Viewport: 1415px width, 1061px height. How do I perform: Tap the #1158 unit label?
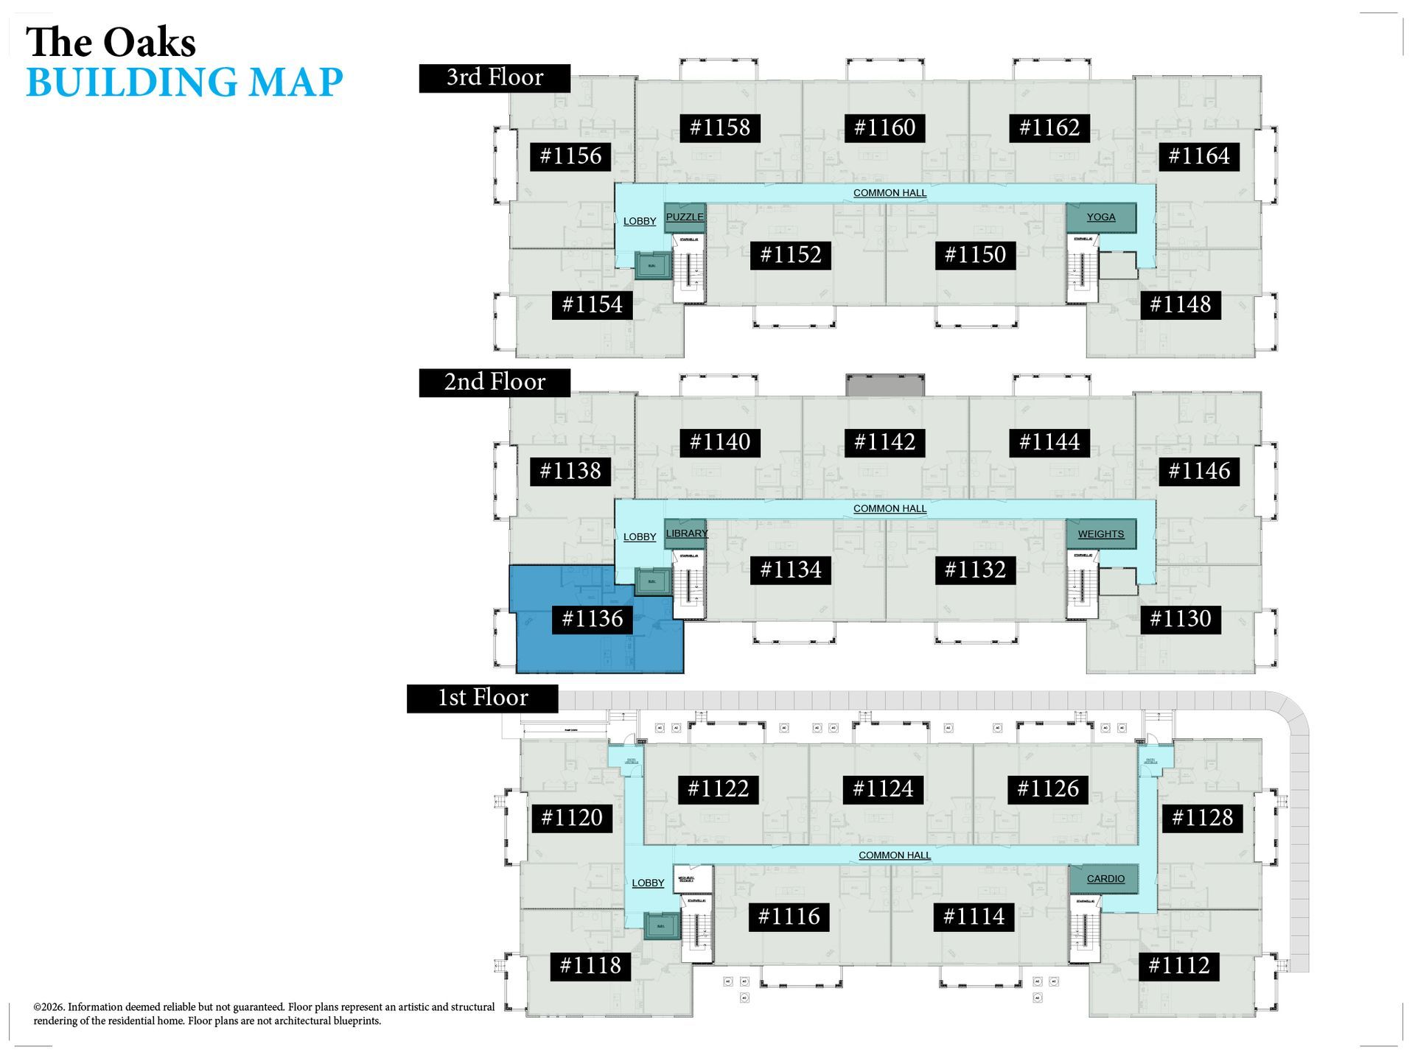(719, 127)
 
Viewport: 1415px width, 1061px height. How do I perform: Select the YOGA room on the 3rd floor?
(1100, 217)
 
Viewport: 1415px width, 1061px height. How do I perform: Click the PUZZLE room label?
(685, 217)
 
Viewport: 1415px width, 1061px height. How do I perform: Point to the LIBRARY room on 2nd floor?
(686, 533)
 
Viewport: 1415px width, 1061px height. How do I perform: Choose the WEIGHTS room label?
(1100, 534)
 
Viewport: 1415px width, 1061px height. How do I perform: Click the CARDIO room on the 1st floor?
(1105, 879)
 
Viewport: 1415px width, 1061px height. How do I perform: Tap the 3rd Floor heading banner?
(495, 78)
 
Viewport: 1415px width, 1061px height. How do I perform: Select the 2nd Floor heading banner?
(495, 382)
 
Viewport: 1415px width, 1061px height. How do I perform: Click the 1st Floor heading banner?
(483, 698)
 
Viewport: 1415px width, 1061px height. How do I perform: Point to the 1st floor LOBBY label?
(648, 883)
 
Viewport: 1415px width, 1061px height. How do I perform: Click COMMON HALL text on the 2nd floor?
(890, 508)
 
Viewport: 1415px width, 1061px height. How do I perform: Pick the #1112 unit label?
(1179, 966)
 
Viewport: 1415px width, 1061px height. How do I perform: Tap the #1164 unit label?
(1199, 156)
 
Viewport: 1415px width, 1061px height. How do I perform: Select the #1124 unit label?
(883, 789)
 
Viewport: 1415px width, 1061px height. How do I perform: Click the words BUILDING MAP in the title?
(184, 82)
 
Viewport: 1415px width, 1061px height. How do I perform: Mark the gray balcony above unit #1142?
(884, 385)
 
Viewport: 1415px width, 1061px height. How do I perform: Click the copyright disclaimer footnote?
(264, 1014)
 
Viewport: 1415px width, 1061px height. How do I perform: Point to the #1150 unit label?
(975, 255)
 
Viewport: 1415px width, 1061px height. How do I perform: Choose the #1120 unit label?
(572, 818)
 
